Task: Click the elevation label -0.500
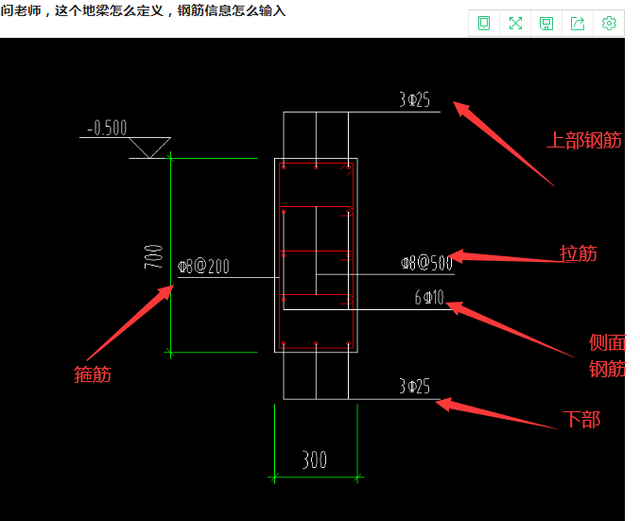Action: point(107,128)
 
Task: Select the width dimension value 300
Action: point(315,460)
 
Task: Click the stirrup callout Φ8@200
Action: point(203,267)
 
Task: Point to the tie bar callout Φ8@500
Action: point(426,264)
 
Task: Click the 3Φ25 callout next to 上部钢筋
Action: point(414,99)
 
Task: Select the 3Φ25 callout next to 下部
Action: point(414,387)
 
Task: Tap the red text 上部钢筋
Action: point(584,141)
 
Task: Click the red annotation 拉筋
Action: point(579,253)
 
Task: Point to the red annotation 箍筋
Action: point(93,374)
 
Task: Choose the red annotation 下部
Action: point(581,419)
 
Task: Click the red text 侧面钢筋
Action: point(607,356)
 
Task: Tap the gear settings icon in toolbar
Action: point(609,24)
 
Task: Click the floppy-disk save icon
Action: point(546,24)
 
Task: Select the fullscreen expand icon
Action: point(515,24)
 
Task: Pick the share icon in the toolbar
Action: point(578,24)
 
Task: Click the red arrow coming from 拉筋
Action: point(506,257)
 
